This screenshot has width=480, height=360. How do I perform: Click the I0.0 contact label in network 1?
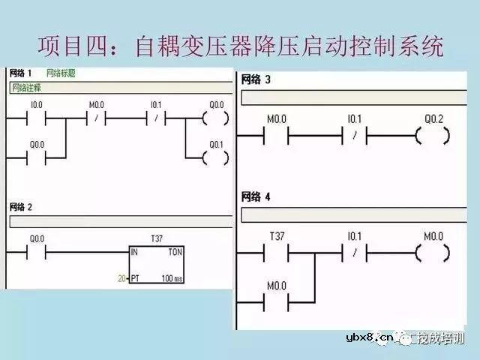36,105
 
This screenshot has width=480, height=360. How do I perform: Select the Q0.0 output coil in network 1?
215,118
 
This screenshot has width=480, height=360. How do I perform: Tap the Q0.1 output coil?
215,157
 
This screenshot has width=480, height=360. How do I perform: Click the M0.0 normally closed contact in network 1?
96,118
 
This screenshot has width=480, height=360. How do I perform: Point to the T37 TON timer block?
157,265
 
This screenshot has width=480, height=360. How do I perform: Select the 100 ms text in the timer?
170,278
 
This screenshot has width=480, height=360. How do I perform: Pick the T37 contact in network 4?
279,253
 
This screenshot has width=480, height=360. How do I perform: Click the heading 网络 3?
256,79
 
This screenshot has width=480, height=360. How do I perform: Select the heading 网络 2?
22,205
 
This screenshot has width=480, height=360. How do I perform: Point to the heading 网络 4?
256,196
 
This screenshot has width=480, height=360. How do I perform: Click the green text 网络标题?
61,73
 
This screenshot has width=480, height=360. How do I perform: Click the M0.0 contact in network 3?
279,136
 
